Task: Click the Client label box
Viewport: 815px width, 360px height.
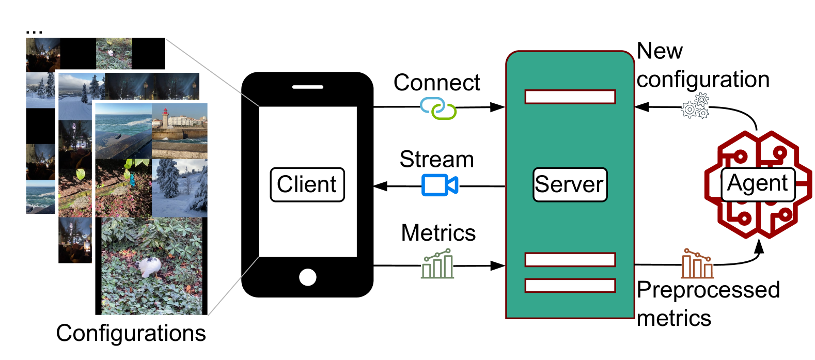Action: tap(307, 184)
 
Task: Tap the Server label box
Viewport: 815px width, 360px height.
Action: tap(570, 184)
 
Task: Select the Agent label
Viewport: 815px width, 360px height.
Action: tap(757, 183)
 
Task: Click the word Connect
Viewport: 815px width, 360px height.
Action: tap(437, 83)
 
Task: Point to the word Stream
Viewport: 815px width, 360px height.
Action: tap(436, 159)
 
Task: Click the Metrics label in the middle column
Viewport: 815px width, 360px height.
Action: tap(438, 233)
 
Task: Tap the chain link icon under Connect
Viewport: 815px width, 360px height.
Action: tap(438, 108)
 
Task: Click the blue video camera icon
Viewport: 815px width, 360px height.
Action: tap(440, 185)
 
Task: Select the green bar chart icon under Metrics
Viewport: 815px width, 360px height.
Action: tap(437, 264)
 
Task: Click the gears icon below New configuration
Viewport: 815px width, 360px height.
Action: tap(695, 106)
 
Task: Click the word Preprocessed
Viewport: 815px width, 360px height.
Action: tap(708, 290)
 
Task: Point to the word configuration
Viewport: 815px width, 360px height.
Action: tap(703, 80)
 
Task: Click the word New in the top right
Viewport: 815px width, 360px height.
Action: tap(660, 51)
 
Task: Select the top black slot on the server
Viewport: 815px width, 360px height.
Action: tap(570, 97)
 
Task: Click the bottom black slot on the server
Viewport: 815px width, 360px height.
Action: tap(570, 286)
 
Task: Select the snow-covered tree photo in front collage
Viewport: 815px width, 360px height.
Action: tap(179, 187)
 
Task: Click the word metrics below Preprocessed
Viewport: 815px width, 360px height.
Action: tap(674, 318)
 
